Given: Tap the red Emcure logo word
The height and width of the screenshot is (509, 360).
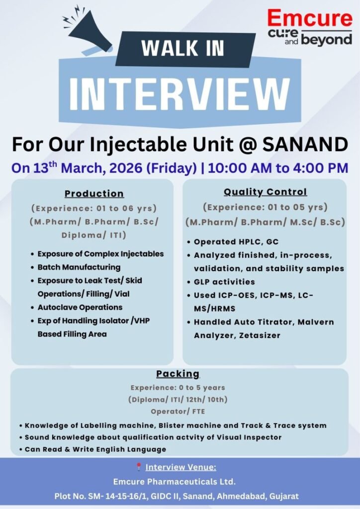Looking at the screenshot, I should [x=309, y=18].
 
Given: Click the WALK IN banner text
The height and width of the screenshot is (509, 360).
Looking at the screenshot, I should [x=182, y=47].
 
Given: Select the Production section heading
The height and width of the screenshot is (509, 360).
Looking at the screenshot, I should [x=94, y=193].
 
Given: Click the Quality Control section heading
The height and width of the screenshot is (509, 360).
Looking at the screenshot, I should [x=265, y=191].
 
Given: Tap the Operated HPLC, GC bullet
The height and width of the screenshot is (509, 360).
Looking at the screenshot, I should [x=236, y=242].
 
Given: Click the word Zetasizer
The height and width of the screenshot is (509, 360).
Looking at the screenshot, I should [x=259, y=336].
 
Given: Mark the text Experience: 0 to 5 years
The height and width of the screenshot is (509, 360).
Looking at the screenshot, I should [x=178, y=387].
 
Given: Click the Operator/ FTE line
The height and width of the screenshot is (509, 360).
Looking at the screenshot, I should [x=178, y=412].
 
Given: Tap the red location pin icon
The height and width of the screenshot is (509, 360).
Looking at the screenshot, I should [x=139, y=467].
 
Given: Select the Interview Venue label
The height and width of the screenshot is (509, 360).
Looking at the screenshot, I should [x=181, y=467].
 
